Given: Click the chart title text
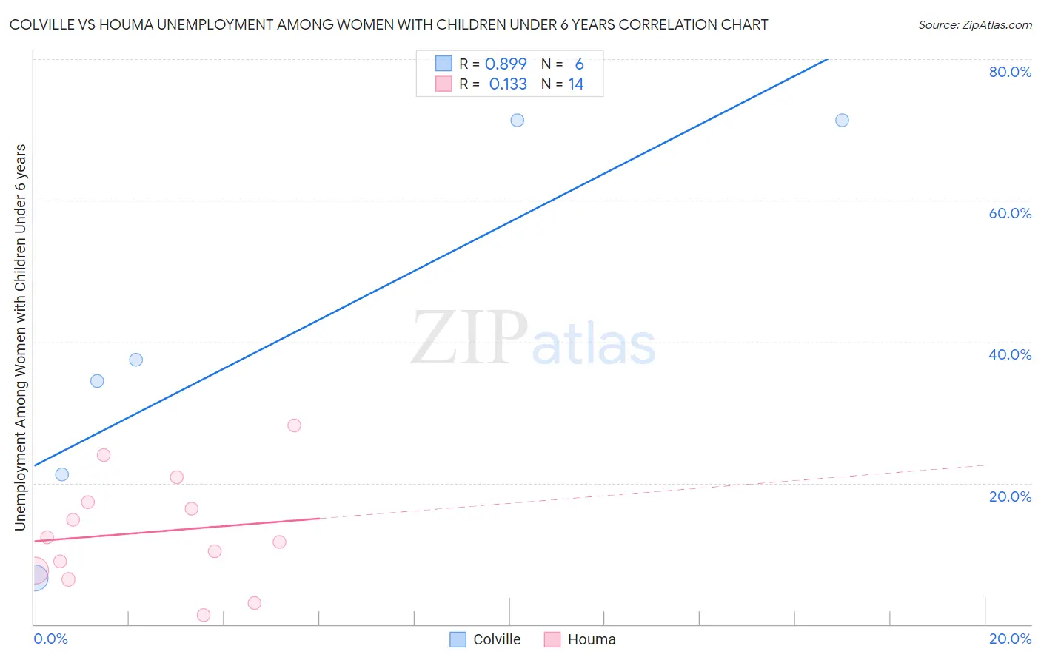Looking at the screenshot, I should coord(389,24).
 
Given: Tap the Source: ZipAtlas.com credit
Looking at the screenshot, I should coord(974,24).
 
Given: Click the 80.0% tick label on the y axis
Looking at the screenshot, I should coord(1010,72).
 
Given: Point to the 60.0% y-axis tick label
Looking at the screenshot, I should coord(1010,213).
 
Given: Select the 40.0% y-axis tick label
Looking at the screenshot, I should coord(1010,354).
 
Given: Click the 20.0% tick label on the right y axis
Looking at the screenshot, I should coord(1010,496).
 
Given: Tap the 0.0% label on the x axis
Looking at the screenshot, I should coord(50,639).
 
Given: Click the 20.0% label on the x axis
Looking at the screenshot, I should coord(1010,639).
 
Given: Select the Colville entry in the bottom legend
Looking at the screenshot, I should coord(496,639).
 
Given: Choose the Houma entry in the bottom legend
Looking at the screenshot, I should coord(591,639).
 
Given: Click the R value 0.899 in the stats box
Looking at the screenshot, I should coord(506,64).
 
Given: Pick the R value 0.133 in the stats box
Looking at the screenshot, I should coord(508,84).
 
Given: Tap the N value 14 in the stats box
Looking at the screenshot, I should coord(576,84).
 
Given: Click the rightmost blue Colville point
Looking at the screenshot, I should coord(842,120).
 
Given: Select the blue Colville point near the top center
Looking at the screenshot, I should coord(518,120).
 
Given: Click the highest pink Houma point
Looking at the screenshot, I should coord(294,425).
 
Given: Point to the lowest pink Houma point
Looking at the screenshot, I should coord(204,615).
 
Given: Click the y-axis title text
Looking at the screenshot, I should coord(21,337).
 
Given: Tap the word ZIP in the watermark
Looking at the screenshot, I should coord(469,339).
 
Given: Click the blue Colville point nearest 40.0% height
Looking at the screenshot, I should coord(136,360).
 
